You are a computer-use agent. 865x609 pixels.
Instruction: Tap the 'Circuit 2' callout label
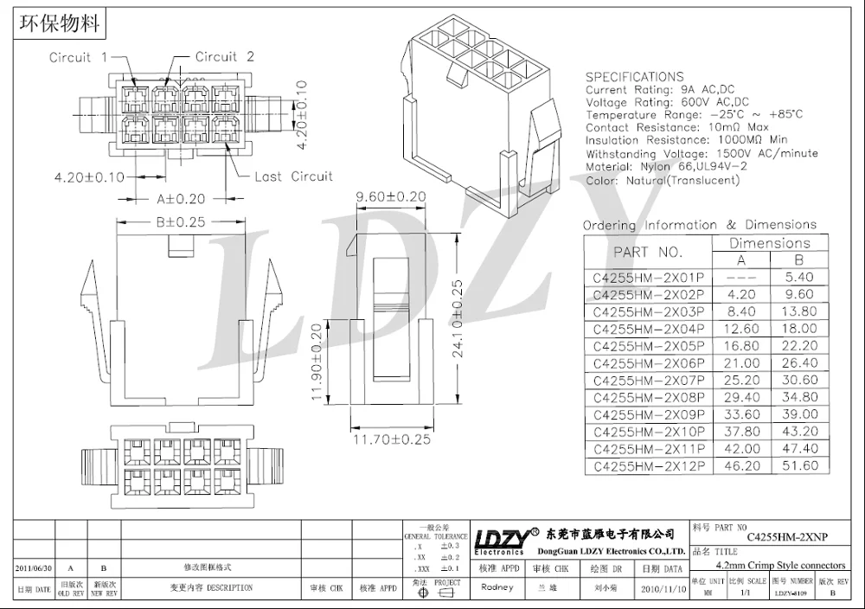[x=224, y=57]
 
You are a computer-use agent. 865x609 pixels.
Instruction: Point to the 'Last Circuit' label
[x=293, y=176]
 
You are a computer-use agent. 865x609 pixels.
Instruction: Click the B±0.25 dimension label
[x=180, y=222]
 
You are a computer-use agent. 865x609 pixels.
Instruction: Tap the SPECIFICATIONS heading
[x=634, y=77]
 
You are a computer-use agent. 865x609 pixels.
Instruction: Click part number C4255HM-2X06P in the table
[x=648, y=363]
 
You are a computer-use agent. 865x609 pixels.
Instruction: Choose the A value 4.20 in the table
[x=741, y=294]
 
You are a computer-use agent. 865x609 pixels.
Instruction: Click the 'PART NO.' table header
[x=648, y=253]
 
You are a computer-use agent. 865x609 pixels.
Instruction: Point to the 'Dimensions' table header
[x=769, y=243]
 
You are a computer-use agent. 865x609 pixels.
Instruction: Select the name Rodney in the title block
[x=497, y=587]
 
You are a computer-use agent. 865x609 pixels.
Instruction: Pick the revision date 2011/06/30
[x=35, y=568]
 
